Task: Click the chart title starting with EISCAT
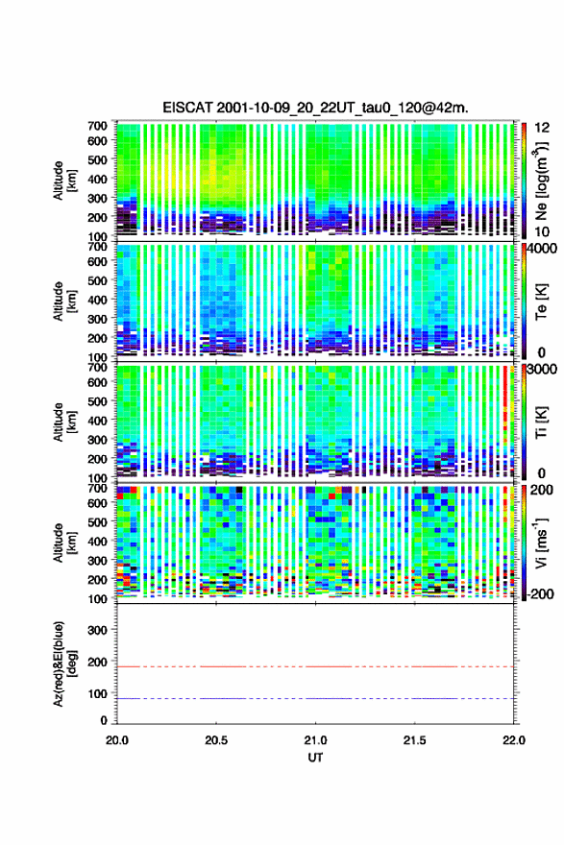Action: coord(315,108)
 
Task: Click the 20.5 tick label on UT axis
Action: coord(216,740)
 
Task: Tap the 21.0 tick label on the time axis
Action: coord(315,740)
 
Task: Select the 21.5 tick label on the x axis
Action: coord(415,740)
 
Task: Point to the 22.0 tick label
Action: coord(514,740)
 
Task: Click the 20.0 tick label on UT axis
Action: coord(117,740)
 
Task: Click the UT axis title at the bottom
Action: coord(315,758)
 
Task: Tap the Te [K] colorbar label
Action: coord(541,302)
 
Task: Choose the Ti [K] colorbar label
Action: coord(541,422)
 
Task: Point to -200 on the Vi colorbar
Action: coord(541,593)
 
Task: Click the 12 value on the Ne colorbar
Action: coord(543,128)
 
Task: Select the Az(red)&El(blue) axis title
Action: coord(63,664)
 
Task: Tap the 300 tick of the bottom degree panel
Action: coord(98,630)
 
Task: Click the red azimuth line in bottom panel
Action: coord(315,666)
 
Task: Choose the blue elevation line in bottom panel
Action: coord(315,698)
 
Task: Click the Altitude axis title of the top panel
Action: coord(63,181)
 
